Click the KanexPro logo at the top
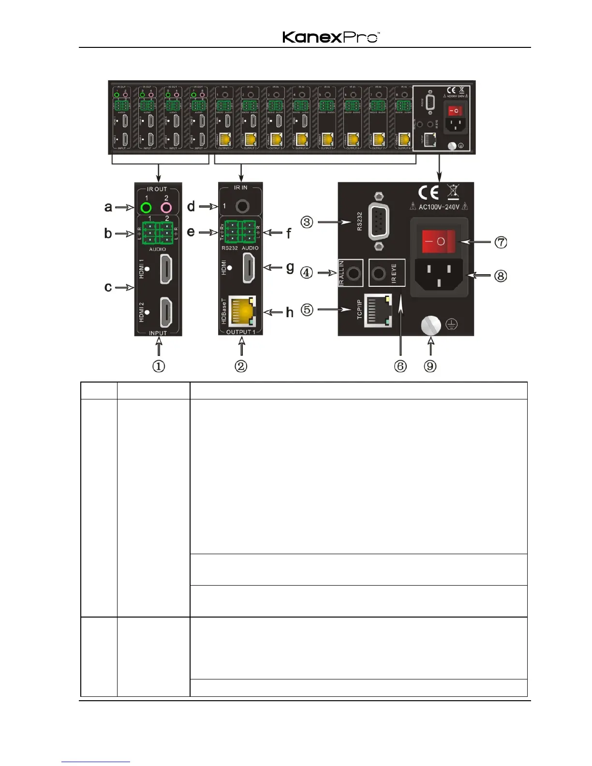(x=331, y=37)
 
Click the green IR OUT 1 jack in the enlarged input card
(x=146, y=208)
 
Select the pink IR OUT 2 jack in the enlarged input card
(x=166, y=208)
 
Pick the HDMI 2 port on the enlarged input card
(x=166, y=312)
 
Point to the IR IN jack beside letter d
(x=242, y=206)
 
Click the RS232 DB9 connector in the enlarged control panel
(x=379, y=222)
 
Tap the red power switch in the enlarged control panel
(x=439, y=241)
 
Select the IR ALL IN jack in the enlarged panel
(x=355, y=273)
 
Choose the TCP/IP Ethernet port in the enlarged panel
(x=378, y=310)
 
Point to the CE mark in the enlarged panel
(x=428, y=193)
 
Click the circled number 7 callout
(x=501, y=242)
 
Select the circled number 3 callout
(x=307, y=222)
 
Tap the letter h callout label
(x=290, y=312)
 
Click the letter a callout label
(x=108, y=207)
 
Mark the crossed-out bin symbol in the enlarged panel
(x=453, y=192)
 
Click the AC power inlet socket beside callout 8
(x=439, y=274)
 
